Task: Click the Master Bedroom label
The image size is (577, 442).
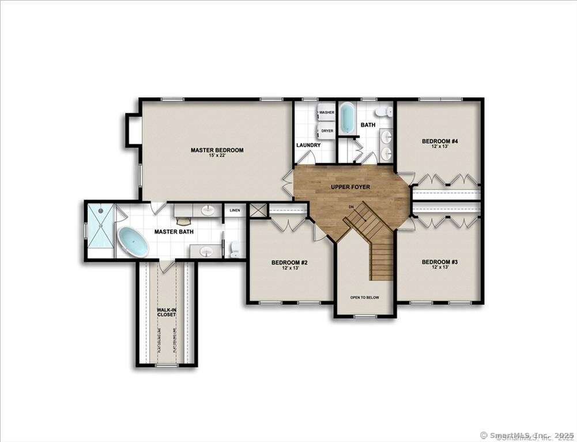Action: (217, 150)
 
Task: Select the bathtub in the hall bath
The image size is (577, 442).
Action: (347, 118)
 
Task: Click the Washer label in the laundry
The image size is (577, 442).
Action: (327, 113)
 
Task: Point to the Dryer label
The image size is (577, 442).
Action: (327, 131)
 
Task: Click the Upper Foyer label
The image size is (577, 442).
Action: (350, 188)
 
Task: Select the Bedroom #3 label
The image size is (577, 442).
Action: (439, 262)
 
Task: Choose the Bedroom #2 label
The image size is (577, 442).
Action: (289, 262)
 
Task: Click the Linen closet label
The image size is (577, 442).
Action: (235, 211)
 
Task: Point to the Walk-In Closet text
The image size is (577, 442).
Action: (166, 313)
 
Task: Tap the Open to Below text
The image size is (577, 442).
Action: (364, 298)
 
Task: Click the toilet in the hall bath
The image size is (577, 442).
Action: (382, 110)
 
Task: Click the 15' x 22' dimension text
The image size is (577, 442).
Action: (217, 156)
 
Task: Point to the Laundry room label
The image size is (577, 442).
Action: (308, 145)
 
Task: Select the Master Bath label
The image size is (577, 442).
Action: (174, 233)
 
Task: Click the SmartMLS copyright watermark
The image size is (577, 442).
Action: (527, 435)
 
